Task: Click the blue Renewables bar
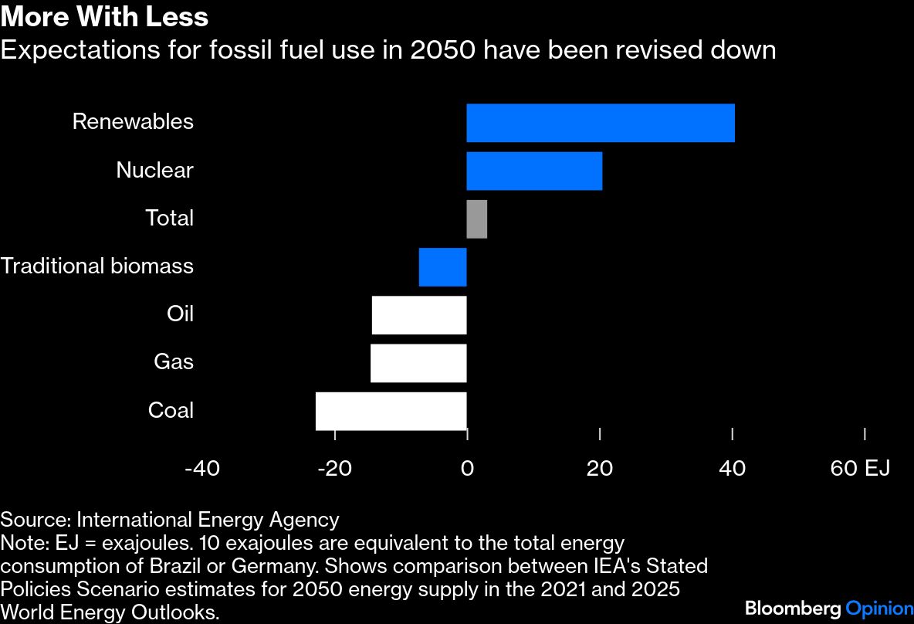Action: pyautogui.click(x=600, y=123)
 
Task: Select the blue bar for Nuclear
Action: pyautogui.click(x=533, y=171)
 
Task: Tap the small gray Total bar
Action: pyautogui.click(x=476, y=219)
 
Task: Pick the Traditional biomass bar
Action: pyautogui.click(x=442, y=267)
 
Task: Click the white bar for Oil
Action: pyautogui.click(x=418, y=315)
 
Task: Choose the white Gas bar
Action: pyautogui.click(x=418, y=363)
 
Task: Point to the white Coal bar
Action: pyautogui.click(x=391, y=411)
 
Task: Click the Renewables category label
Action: pyautogui.click(x=133, y=122)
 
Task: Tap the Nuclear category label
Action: pyautogui.click(x=154, y=170)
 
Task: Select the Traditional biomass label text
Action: pyautogui.click(x=97, y=266)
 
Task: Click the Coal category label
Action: pyautogui.click(x=171, y=410)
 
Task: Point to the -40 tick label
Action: pyautogui.click(x=202, y=469)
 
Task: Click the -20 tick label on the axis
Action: pyautogui.click(x=334, y=469)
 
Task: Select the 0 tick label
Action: pyautogui.click(x=467, y=469)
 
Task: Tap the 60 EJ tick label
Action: pyautogui.click(x=860, y=469)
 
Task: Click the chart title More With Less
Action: pyautogui.click(x=104, y=17)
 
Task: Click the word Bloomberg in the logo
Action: pyautogui.click(x=793, y=609)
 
